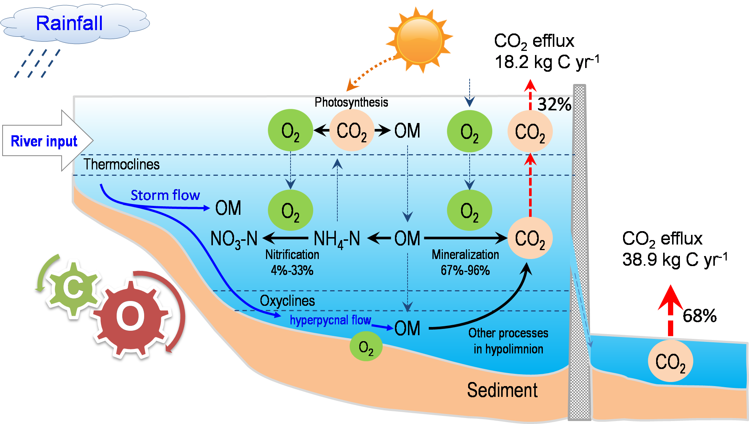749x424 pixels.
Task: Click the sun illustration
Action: click(419, 40)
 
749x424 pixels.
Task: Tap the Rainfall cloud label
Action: click(69, 23)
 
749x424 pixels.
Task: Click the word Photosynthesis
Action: click(351, 102)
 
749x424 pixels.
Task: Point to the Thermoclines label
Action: click(121, 164)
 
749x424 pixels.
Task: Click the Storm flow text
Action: click(165, 195)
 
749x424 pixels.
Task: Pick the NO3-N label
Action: click(234, 239)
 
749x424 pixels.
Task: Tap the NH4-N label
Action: click(337, 239)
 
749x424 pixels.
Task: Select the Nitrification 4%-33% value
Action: click(292, 270)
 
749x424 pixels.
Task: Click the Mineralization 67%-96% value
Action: click(465, 270)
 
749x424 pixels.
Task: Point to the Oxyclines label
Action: click(287, 301)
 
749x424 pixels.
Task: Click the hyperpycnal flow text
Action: click(330, 320)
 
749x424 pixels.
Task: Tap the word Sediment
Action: click(502, 390)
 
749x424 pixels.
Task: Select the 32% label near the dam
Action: click(554, 104)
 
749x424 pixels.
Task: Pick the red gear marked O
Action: click(130, 317)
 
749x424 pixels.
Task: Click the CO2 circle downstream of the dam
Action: click(670, 361)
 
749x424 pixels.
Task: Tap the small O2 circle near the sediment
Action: click(366, 347)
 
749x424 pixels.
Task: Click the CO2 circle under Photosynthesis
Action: click(351, 131)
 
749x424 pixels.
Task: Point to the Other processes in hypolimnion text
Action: click(508, 341)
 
